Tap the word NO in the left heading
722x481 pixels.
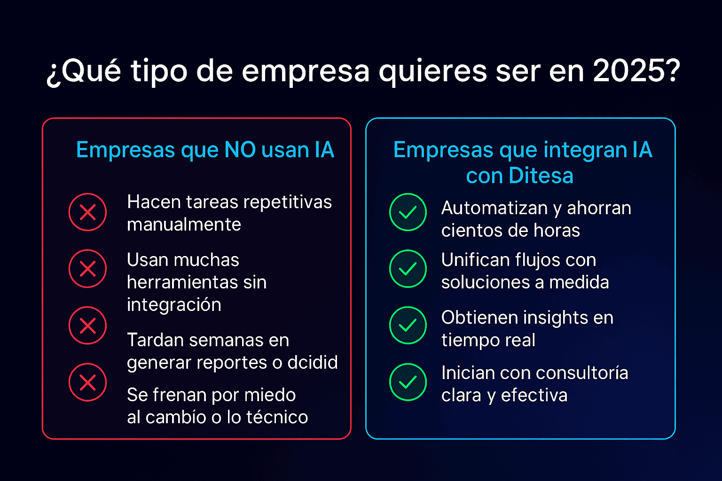pyautogui.click(x=240, y=150)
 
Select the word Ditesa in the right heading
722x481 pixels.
pyautogui.click(x=541, y=176)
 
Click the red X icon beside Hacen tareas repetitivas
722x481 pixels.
pyautogui.click(x=88, y=212)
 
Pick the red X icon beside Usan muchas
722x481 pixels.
pyautogui.click(x=88, y=269)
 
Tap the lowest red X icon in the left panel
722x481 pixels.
pyautogui.click(x=88, y=382)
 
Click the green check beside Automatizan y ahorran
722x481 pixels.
pyautogui.click(x=408, y=212)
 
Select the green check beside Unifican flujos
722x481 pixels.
pyautogui.click(x=408, y=269)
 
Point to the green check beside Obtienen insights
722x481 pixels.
pyautogui.click(x=408, y=326)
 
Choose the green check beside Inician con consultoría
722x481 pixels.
pyautogui.click(x=408, y=382)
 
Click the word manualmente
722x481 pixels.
pyautogui.click(x=184, y=224)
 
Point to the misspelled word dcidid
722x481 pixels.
pyautogui.click(x=313, y=362)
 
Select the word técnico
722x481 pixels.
pyautogui.click(x=277, y=417)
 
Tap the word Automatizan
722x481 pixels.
pyautogui.click(x=494, y=208)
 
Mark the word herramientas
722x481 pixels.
pyautogui.click(x=182, y=282)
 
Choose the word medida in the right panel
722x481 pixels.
pyautogui.click(x=579, y=282)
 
